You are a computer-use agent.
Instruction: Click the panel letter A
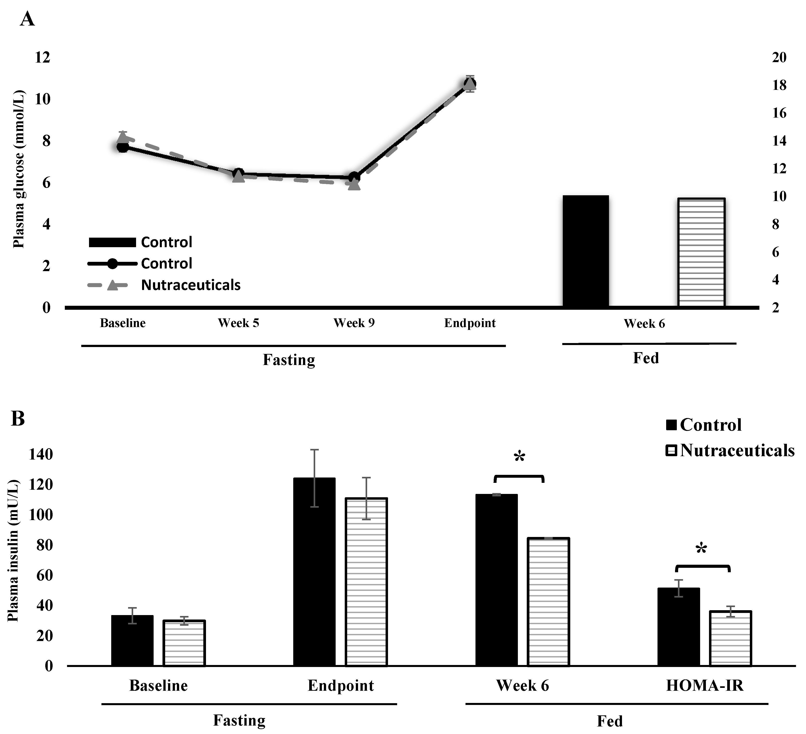(x=27, y=19)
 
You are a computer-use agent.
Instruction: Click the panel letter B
(x=18, y=419)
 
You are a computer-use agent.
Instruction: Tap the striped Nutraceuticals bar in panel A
(x=701, y=253)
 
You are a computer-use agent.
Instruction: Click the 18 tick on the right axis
(x=779, y=85)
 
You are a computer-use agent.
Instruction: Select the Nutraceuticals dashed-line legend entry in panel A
(x=164, y=285)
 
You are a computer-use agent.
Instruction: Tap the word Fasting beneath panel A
(x=289, y=360)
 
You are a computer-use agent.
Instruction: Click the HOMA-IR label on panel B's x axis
(x=705, y=686)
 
